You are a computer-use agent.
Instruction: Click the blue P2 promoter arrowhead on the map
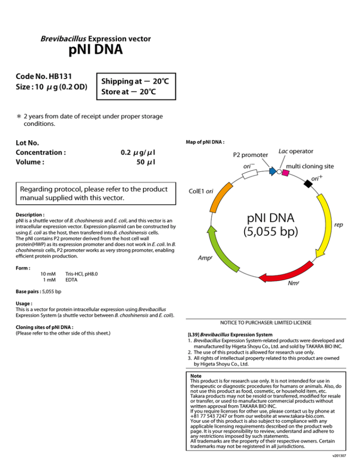click(x=272, y=171)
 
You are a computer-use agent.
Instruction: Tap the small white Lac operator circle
click(x=279, y=172)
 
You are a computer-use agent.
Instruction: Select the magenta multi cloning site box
click(x=286, y=173)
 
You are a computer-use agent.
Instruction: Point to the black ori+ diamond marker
click(x=308, y=183)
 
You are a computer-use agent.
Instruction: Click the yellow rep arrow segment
click(x=326, y=226)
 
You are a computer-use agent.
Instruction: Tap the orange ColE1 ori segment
click(x=221, y=197)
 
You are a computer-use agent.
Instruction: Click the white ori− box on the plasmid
click(x=250, y=174)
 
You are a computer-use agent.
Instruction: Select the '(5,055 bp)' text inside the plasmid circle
click(x=271, y=231)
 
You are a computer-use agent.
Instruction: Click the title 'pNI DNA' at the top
click(x=96, y=49)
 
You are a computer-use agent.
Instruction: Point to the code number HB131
click(x=60, y=76)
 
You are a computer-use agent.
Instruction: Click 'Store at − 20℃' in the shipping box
click(x=129, y=92)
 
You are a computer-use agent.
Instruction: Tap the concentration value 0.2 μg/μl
click(x=138, y=153)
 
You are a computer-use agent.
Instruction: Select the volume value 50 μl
click(x=146, y=162)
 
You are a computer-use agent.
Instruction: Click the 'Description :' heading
click(x=30, y=215)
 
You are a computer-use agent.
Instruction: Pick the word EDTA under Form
click(x=72, y=280)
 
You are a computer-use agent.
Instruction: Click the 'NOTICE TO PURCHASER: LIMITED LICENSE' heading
click(x=266, y=323)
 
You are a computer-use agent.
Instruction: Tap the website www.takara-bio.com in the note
click(x=301, y=416)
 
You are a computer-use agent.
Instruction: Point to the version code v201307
click(x=339, y=456)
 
